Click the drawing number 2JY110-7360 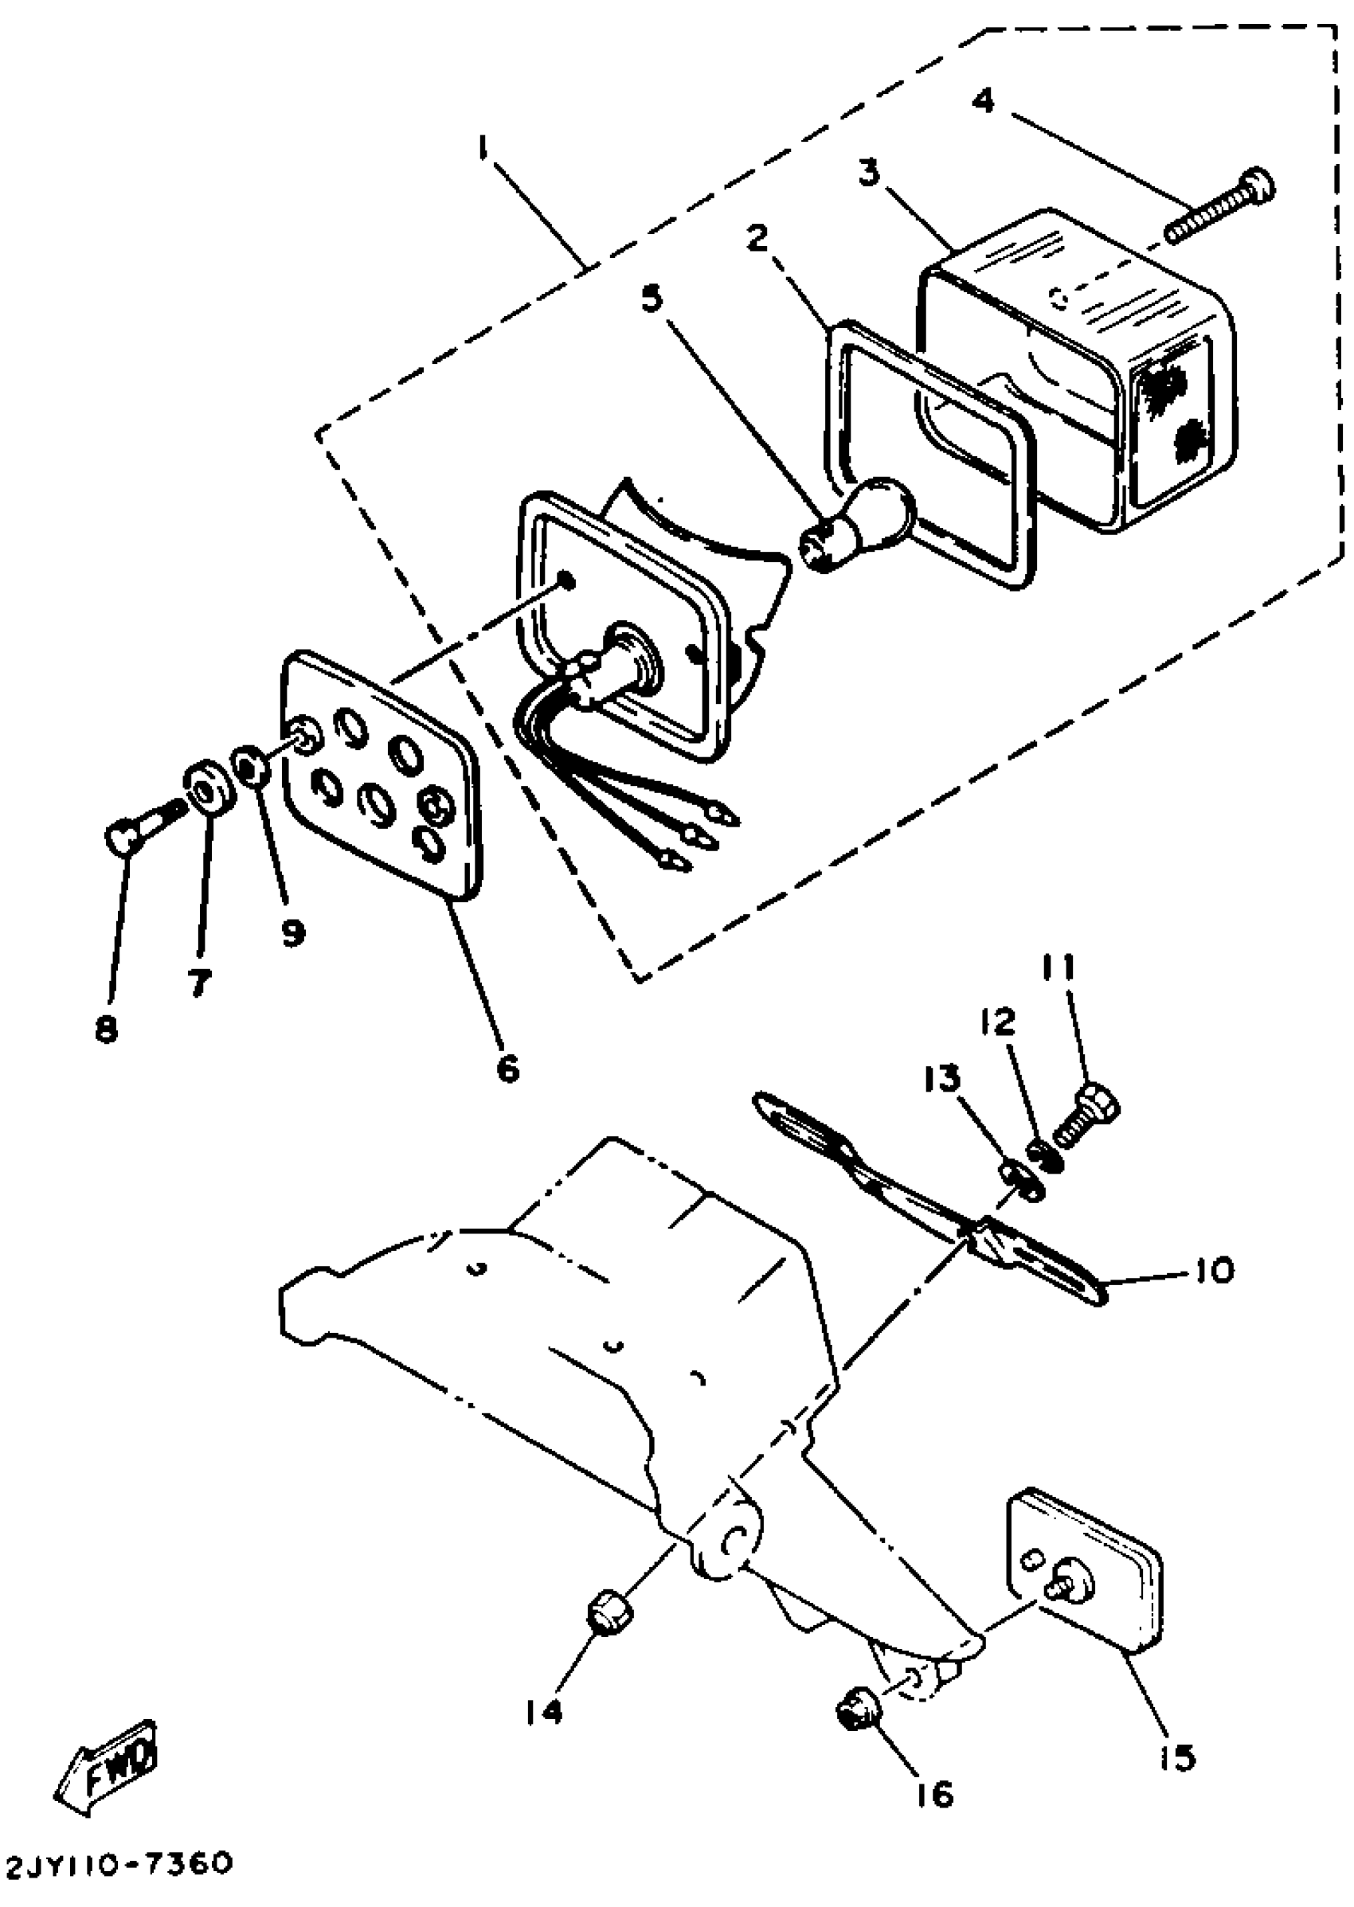[118, 1863]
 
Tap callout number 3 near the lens [870, 175]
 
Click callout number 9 [291, 931]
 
